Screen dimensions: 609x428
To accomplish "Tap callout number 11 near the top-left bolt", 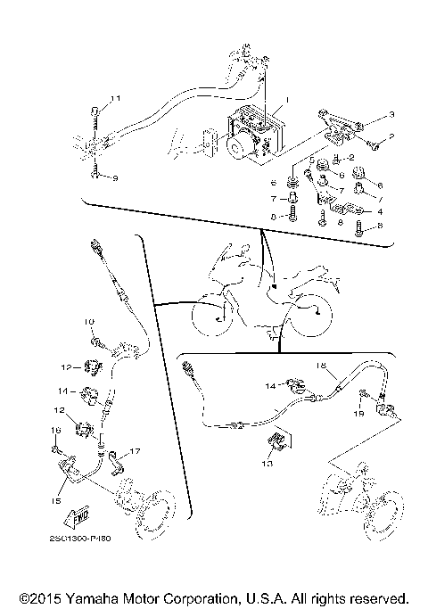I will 114,97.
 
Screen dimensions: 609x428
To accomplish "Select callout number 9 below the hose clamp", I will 114,178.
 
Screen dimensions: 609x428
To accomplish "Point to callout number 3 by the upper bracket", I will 366,117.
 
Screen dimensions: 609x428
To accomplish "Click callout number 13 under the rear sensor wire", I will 267,465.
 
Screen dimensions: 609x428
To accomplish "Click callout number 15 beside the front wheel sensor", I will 55,502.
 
